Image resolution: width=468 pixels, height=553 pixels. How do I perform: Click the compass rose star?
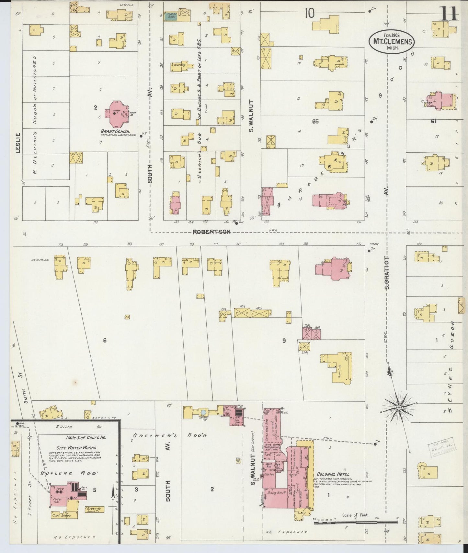[399, 407]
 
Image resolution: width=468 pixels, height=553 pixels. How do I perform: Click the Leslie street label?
[18, 143]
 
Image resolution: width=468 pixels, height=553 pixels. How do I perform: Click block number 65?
[315, 121]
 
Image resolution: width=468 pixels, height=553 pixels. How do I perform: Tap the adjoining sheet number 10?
[309, 13]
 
